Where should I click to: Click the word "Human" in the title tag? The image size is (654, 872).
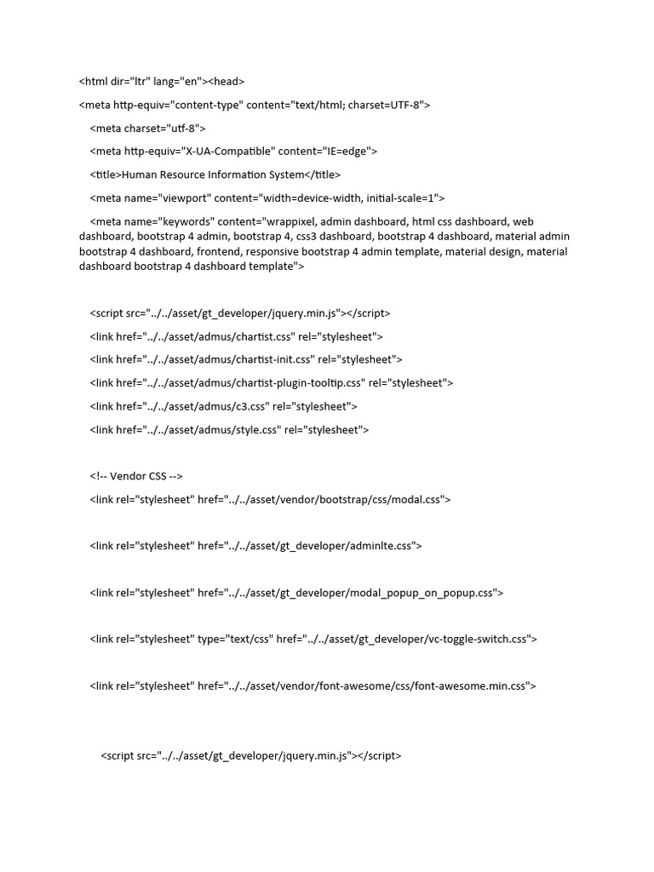141,175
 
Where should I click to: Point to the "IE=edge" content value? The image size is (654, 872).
346,152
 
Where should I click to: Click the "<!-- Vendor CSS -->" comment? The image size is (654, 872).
136,476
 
